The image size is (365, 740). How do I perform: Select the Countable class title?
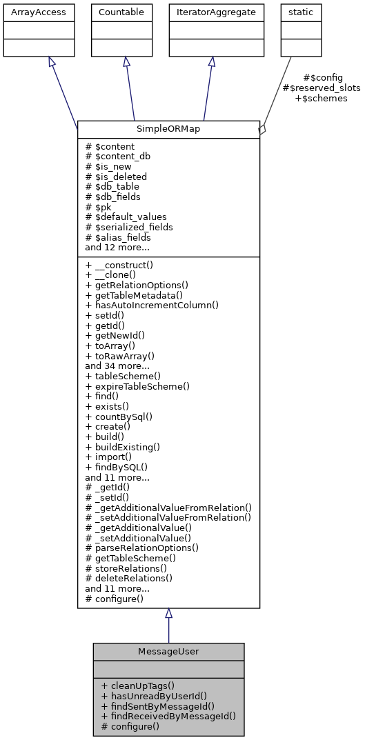(122, 12)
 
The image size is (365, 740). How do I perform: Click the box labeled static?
(295, 12)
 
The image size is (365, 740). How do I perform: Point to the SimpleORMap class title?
(168, 129)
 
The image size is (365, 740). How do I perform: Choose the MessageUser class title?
(168, 652)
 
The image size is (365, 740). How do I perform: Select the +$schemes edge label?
(322, 99)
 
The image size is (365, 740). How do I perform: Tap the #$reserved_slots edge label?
(322, 88)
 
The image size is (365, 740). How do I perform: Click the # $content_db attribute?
(117, 157)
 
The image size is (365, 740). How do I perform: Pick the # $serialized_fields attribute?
(129, 227)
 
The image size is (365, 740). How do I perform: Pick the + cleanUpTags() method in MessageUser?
(137, 686)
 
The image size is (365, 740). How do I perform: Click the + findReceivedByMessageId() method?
(168, 716)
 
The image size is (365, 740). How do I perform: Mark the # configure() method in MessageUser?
(130, 726)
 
